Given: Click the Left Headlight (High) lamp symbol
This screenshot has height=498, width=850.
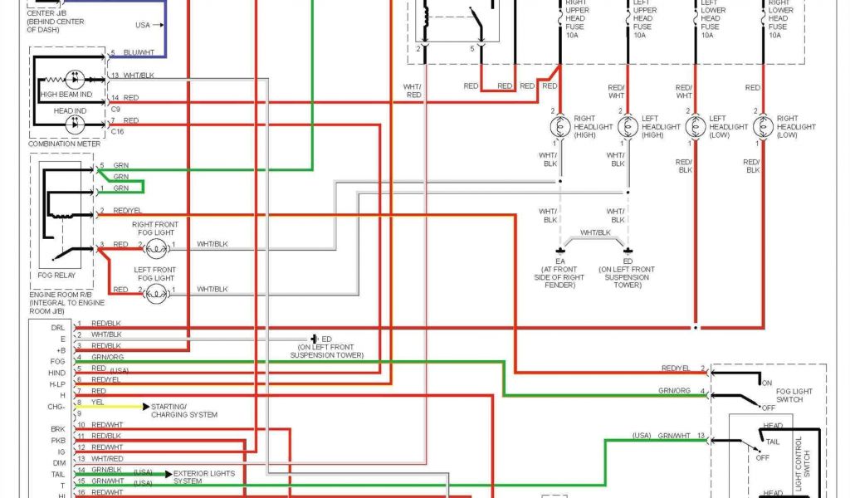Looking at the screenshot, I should [x=628, y=126].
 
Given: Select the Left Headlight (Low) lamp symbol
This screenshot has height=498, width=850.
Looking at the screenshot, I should [x=696, y=126].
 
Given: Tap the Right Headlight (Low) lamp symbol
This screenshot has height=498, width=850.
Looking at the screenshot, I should [x=763, y=126].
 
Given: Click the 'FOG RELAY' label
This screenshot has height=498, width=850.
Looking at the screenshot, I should [x=56, y=274].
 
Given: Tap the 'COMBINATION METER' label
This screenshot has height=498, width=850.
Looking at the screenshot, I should [x=65, y=144].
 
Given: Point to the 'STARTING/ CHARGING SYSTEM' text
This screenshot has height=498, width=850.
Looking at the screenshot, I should [x=184, y=410].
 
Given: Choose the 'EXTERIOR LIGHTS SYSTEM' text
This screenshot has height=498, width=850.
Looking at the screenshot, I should [x=203, y=476].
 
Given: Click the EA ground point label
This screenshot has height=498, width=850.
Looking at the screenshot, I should [x=559, y=260].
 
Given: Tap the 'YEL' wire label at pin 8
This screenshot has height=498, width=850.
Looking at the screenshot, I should [x=98, y=402].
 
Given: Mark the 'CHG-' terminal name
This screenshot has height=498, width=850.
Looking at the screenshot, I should [x=56, y=407].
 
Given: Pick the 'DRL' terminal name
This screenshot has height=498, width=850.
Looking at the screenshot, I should [x=57, y=327].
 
